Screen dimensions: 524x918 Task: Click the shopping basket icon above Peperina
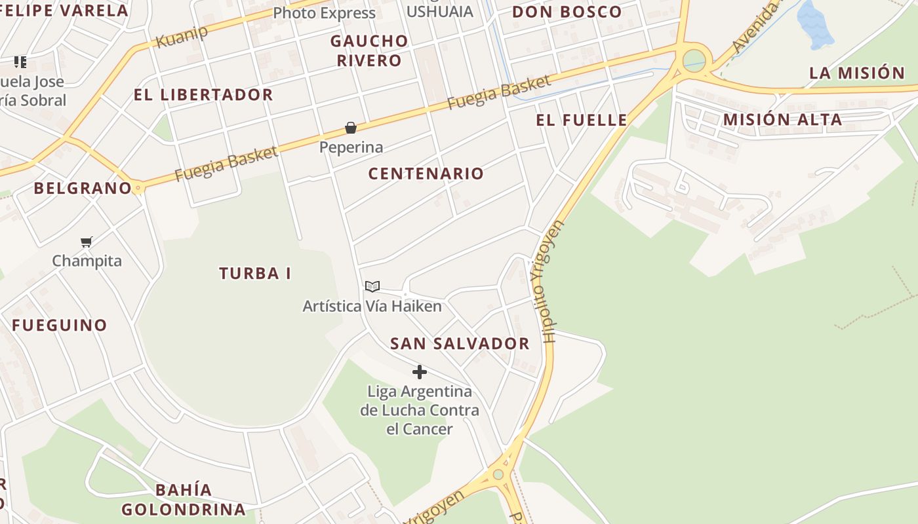351,128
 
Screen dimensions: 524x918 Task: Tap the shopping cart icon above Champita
87,242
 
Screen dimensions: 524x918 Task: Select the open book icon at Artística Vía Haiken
372,286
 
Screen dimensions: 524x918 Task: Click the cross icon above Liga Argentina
420,373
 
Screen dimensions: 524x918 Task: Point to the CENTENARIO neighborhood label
426,174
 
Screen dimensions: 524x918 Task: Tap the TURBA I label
255,273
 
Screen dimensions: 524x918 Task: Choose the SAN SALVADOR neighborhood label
460,343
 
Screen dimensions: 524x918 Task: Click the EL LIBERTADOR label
203,94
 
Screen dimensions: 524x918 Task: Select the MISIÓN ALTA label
782,119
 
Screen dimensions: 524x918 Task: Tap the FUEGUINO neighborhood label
59,325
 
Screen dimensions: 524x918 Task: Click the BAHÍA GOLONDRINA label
184,500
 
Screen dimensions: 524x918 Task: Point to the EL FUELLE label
582,120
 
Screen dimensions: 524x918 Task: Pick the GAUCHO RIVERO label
369,50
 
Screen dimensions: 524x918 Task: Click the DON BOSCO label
567,12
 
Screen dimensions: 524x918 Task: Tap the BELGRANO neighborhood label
83,189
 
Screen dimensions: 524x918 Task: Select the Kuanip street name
182,37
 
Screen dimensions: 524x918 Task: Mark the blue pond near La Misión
814,25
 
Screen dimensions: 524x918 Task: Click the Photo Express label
324,13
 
